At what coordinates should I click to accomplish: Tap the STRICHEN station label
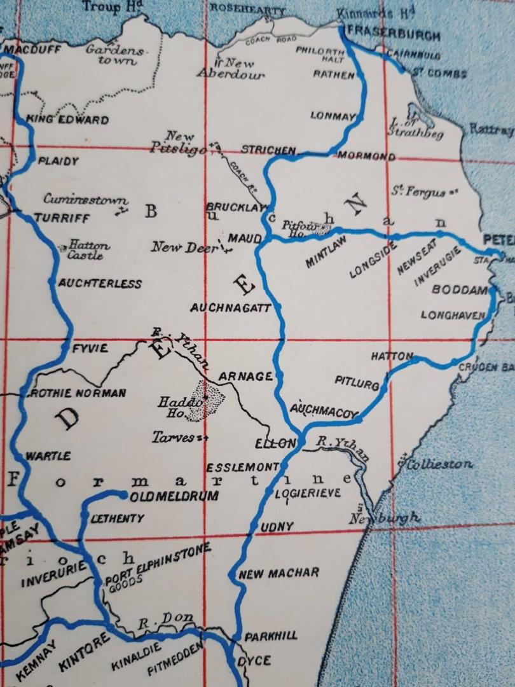click(x=268, y=151)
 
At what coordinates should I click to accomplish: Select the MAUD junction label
click(x=245, y=239)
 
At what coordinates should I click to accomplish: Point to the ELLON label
click(x=275, y=443)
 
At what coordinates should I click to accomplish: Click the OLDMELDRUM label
click(x=168, y=496)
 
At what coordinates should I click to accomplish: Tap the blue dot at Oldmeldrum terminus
click(x=123, y=494)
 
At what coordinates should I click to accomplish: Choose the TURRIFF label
click(x=62, y=217)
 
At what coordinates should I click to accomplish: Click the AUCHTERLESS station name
click(x=100, y=283)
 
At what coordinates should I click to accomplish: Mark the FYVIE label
click(x=90, y=348)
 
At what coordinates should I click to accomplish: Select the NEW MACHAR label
click(x=278, y=573)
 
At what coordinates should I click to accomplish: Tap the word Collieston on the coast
click(x=440, y=464)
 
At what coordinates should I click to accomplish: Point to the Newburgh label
click(x=385, y=518)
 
